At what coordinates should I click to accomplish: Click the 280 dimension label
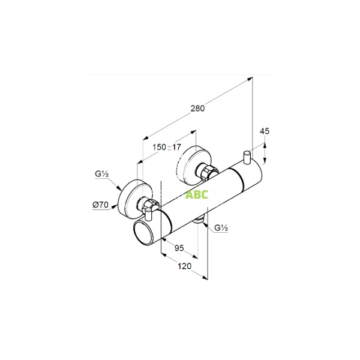pos(197,108)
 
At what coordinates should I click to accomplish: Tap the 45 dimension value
pos(265,131)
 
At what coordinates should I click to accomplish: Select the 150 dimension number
pos(160,147)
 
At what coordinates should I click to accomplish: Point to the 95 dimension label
pos(179,248)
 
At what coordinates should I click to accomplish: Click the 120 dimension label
pos(185,266)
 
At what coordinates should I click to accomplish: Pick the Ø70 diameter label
pos(101,205)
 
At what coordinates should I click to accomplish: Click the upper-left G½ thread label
pos(102,174)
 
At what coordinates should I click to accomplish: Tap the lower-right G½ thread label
pos(221,228)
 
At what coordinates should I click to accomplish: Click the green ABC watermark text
pos(197,194)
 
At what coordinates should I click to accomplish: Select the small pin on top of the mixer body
pos(247,157)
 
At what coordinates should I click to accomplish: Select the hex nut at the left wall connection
pos(149,204)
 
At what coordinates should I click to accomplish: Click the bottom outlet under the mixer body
pos(199,220)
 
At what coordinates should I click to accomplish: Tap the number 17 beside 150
pos(176,147)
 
